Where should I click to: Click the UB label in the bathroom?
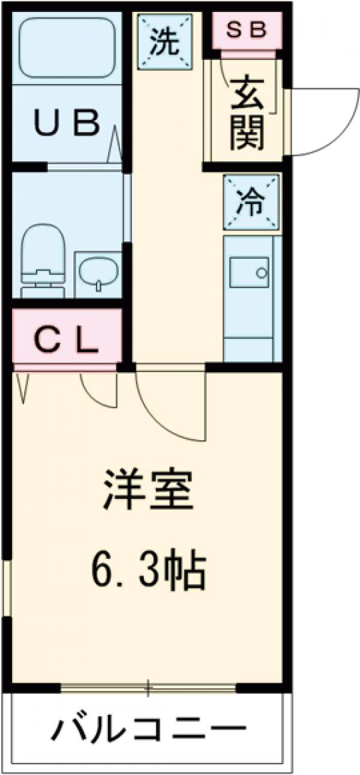(65, 124)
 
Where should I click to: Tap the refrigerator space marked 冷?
(251, 202)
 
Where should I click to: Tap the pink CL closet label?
(65, 341)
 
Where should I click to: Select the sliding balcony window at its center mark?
(148, 688)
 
